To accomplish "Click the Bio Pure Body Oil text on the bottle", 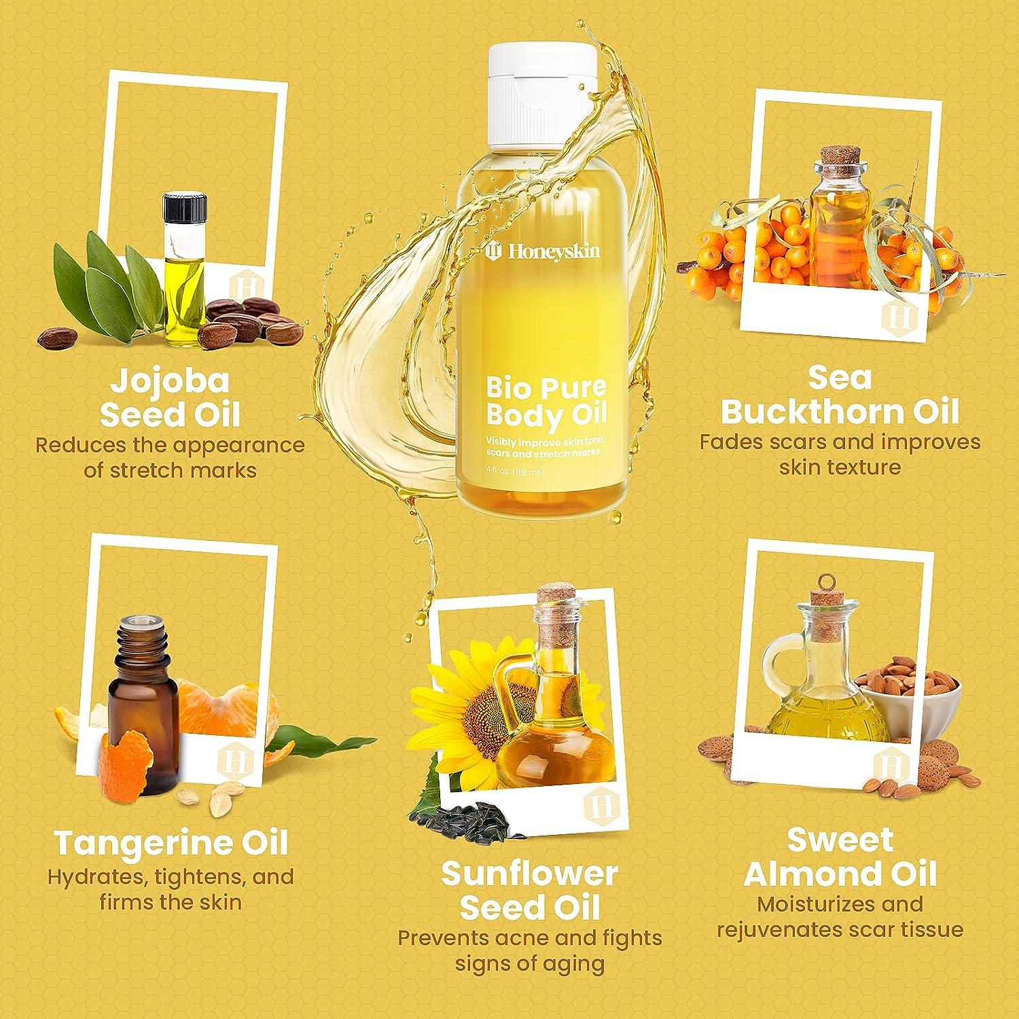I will pos(546,401).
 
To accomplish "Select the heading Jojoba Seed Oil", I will pos(170,398).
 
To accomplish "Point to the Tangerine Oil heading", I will pos(171,843).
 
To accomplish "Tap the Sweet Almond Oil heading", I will pos(840,857).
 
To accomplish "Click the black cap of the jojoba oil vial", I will pos(185,207).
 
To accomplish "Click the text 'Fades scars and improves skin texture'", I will pos(840,454).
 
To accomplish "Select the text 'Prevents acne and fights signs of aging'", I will pos(529,950).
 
